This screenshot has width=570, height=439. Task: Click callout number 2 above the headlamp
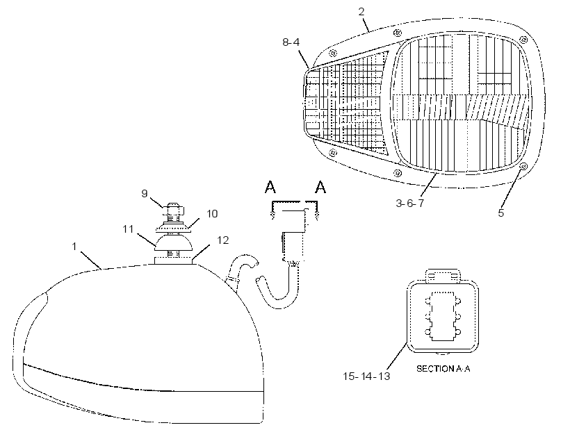[361, 12]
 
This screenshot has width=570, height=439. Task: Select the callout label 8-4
[291, 42]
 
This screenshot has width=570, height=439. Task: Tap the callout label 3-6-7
[409, 203]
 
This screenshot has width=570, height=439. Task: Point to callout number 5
[501, 213]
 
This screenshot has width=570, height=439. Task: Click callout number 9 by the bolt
[145, 194]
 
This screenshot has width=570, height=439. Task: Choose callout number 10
[212, 213]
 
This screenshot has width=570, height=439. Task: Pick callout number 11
[128, 229]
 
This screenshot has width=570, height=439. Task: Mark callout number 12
[223, 240]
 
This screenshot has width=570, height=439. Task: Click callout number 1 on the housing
[74, 247]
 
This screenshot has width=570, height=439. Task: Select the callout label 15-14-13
[366, 376]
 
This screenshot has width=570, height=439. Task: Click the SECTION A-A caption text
[443, 369]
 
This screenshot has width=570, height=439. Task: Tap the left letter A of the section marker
[270, 187]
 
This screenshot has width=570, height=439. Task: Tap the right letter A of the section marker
[320, 187]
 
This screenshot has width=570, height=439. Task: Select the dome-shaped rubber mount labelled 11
[174, 242]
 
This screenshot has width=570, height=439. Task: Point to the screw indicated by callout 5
[523, 166]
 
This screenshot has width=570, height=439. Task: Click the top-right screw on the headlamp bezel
[523, 39]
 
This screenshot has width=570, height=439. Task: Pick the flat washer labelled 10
[174, 229]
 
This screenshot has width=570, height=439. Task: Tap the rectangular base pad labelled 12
[173, 260]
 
